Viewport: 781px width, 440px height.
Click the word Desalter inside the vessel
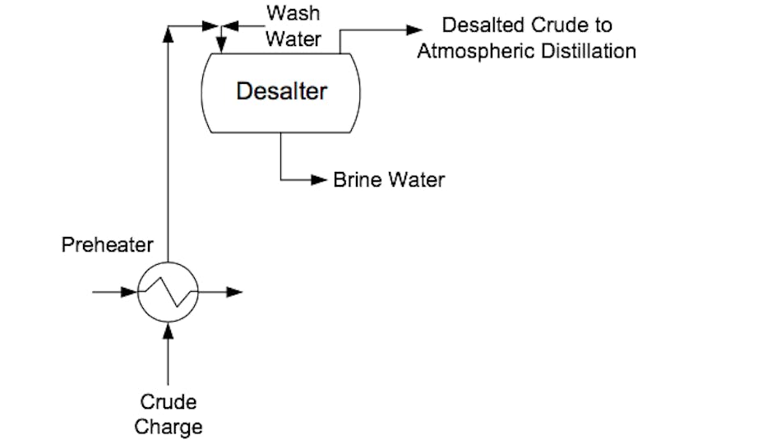click(x=281, y=90)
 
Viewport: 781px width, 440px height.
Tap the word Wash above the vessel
click(x=293, y=14)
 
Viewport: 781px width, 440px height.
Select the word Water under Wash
click(x=293, y=39)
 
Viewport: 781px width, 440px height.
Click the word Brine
click(x=359, y=180)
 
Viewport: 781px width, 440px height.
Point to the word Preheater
click(x=108, y=244)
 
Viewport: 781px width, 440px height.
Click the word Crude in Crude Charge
click(x=168, y=402)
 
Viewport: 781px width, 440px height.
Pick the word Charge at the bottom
click(x=168, y=427)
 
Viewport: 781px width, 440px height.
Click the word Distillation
click(x=589, y=51)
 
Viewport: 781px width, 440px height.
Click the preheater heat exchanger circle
click(x=168, y=293)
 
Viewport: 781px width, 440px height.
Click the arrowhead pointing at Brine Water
click(x=320, y=180)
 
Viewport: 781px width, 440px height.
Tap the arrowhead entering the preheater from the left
click(x=129, y=292)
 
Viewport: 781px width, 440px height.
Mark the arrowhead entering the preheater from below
click(x=168, y=329)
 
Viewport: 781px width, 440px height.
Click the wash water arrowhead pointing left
click(x=230, y=26)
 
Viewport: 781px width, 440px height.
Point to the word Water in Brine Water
click(x=417, y=180)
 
